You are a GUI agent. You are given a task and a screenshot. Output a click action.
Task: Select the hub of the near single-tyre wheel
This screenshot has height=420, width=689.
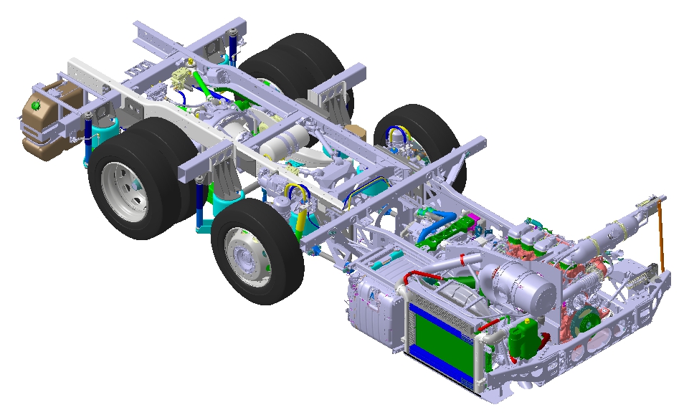click(x=244, y=254)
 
